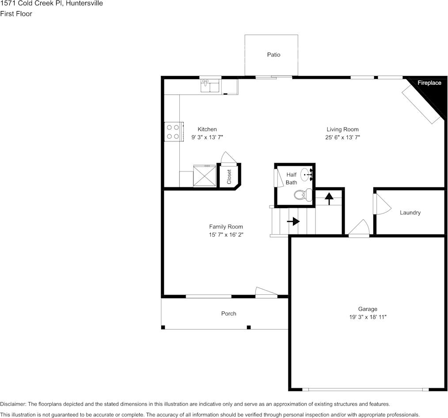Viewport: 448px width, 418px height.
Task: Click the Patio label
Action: pos(274,55)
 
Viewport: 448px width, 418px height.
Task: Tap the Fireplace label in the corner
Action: pos(429,83)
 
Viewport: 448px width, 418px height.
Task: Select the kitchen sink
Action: pos(210,86)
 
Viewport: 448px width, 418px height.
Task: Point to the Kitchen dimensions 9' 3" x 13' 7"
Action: pos(207,137)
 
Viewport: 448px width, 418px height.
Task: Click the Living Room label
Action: pos(342,129)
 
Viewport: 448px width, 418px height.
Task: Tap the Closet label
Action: pos(229,177)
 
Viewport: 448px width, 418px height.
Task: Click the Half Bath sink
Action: pos(307,174)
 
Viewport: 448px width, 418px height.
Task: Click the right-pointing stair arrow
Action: pos(293,221)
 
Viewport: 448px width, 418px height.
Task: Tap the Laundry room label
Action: pos(410,213)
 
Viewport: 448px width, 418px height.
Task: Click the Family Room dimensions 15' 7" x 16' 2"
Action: pos(226,235)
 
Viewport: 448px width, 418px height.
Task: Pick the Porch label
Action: pos(228,313)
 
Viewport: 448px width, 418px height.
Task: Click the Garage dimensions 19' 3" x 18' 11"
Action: pos(368,317)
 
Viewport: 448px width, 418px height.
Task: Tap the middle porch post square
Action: pos(249,327)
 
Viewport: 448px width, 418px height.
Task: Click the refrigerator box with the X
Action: pos(205,176)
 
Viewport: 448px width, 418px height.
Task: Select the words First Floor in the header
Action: pos(16,14)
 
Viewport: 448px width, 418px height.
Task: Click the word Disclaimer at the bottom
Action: pos(13,404)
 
